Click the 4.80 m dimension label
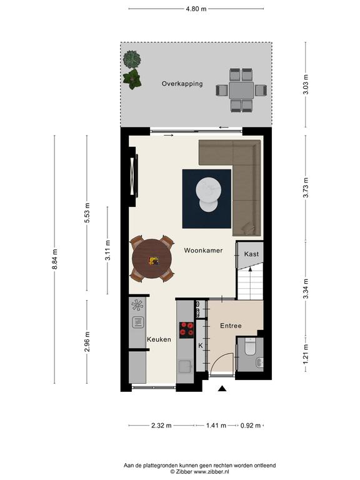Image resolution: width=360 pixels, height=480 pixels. point(196,9)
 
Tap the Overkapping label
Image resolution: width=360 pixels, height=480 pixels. point(182,84)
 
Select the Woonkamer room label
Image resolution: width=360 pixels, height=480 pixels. point(203,251)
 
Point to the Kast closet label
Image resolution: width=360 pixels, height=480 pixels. point(251,254)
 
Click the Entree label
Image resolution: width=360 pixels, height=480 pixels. point(231,326)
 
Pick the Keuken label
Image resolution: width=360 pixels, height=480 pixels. point(159,339)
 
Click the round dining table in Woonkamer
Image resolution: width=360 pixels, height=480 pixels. point(152,259)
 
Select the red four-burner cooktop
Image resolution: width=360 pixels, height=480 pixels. point(186,329)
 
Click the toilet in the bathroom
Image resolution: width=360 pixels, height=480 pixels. point(250,346)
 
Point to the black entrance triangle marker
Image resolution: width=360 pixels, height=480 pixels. point(222,389)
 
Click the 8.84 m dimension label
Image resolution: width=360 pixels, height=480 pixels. point(55,259)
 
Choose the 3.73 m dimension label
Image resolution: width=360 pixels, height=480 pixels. point(306,187)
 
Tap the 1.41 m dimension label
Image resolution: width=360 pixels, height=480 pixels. point(216,426)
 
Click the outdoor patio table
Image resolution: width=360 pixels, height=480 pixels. point(241,90)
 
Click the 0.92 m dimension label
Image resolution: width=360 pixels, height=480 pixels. point(251,426)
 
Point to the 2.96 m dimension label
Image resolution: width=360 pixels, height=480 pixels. point(87,342)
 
